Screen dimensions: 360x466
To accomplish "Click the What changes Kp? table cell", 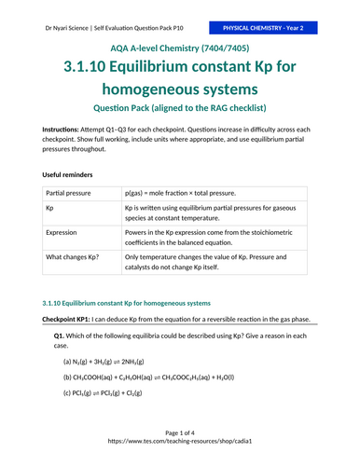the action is (73, 256).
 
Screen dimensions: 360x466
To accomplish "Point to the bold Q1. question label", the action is (59, 335).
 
